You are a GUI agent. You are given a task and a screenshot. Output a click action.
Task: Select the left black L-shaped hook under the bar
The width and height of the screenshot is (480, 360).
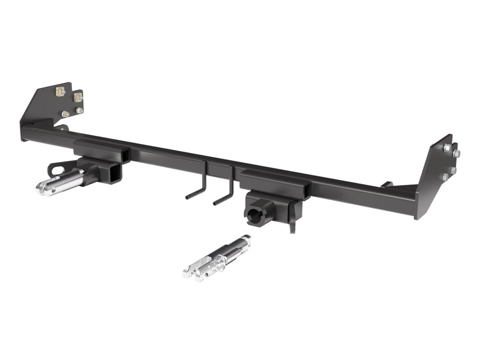point(199,187)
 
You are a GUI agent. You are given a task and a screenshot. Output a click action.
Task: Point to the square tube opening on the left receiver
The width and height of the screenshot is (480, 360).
point(113,173)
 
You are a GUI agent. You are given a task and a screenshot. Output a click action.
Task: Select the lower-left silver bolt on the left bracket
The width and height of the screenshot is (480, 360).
point(65,114)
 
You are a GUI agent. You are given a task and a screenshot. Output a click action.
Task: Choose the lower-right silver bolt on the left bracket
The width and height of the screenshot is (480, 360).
point(79,110)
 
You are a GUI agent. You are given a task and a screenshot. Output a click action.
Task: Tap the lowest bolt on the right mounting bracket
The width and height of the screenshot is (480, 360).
point(445,177)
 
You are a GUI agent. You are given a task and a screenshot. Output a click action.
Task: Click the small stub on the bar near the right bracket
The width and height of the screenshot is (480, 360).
point(387,184)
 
